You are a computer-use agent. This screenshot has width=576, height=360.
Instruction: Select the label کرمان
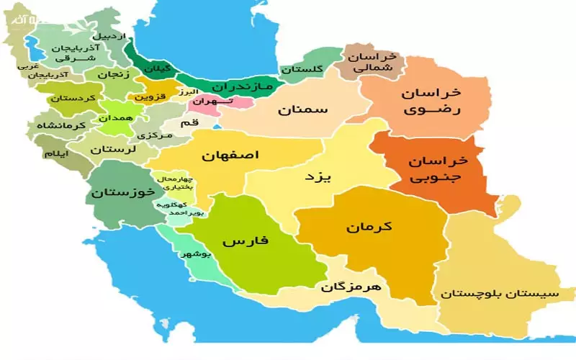pos(368,226)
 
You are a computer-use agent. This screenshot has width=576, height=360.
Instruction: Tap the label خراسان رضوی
pos(432,102)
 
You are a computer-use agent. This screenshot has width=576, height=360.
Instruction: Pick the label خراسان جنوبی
pos(437,166)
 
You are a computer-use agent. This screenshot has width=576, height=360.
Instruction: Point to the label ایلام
pos(57,153)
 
